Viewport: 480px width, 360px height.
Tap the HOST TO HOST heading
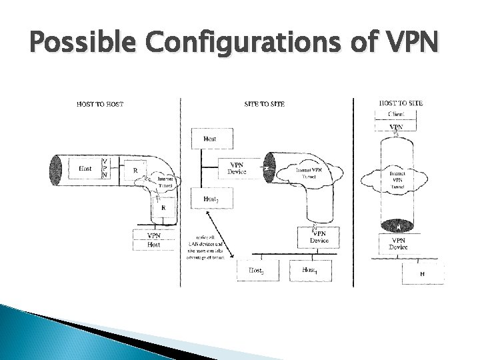100,103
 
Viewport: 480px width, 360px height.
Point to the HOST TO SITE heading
400,103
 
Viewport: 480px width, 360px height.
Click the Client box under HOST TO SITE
396,114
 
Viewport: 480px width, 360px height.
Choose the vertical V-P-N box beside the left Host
105,167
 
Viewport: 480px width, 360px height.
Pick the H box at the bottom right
423,273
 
